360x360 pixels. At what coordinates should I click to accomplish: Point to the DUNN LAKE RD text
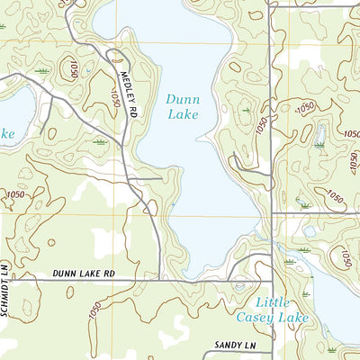85,272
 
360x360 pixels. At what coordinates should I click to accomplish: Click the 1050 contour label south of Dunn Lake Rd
95,310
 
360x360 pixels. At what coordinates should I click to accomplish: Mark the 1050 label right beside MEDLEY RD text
115,97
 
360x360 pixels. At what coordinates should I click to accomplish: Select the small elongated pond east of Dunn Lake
319,135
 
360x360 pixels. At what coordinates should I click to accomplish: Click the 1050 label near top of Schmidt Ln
14,193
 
